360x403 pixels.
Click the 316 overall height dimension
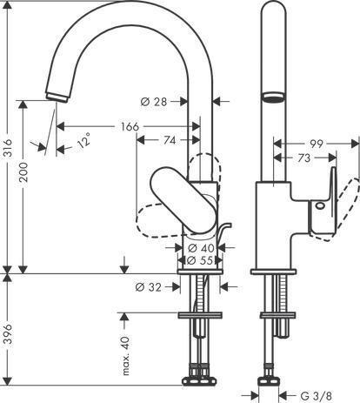coord(9,148)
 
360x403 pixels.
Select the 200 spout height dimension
coord(23,171)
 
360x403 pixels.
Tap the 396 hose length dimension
coord(9,333)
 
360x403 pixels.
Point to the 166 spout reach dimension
coord(130,126)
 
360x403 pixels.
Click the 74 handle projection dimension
coord(170,140)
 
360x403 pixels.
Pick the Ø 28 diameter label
coord(154,102)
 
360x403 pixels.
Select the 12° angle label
coord(83,140)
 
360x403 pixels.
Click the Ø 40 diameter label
coord(201,248)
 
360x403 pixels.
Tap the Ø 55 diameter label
coord(200,260)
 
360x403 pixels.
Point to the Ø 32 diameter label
coord(148,287)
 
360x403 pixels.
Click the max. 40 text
coord(126,356)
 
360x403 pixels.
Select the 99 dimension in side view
coord(316,144)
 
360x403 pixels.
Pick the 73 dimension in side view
coord(303,158)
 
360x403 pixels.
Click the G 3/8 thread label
coord(316,396)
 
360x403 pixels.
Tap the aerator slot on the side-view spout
coord(273,97)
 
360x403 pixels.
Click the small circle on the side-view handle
coord(320,205)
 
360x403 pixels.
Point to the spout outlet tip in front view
coord(57,97)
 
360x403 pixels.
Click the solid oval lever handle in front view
coord(183,200)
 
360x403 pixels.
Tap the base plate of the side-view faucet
coord(273,272)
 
